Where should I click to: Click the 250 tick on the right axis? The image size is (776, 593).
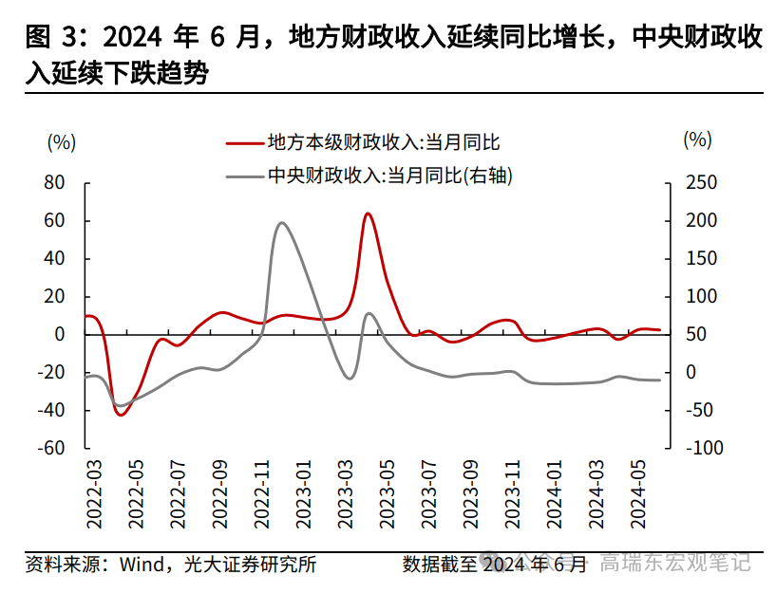pos(700,182)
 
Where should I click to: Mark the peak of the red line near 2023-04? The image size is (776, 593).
pos(368,213)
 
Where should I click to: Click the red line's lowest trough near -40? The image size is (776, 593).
pos(121,415)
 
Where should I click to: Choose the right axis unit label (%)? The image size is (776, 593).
pos(696,139)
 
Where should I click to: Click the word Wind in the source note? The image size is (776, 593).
pos(140,565)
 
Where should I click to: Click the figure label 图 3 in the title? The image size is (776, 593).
pos(51,38)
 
